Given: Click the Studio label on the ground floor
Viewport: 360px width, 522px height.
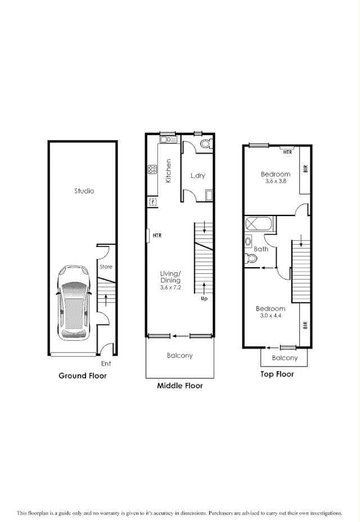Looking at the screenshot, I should coord(84,191).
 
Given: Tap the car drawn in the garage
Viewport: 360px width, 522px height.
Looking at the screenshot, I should coord(74,302).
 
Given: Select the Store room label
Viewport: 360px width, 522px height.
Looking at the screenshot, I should coord(106,267).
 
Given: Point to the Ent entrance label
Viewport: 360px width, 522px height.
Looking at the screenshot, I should coord(106,364).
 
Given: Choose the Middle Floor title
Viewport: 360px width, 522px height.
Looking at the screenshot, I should coord(179,386).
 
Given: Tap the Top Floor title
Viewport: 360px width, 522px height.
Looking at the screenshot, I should coord(277,374).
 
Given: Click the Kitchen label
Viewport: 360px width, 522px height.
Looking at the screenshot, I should coord(168,171).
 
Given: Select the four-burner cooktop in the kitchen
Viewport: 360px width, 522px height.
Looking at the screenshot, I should coord(152,169).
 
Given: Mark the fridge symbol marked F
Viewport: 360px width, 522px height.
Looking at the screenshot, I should coord(152,201).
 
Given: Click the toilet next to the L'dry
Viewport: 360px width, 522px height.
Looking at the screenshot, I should coord(205,145).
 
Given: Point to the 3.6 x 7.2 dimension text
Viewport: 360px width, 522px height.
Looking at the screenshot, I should coord(170,287).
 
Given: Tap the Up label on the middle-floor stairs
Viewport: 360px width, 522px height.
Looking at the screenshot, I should coord(205,299).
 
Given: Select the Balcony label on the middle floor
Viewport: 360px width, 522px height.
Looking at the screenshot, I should coord(179,355).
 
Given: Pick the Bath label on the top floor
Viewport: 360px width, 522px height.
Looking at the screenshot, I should coord(261,249).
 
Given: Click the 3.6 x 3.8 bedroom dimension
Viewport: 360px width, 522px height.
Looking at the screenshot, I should coord(276,181).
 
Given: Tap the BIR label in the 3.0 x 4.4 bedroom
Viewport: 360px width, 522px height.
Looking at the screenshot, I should coord(305,325).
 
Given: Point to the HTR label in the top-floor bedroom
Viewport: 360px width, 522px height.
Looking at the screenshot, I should coord(287,152).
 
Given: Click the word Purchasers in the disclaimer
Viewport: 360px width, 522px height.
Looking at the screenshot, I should coord(223,513).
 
